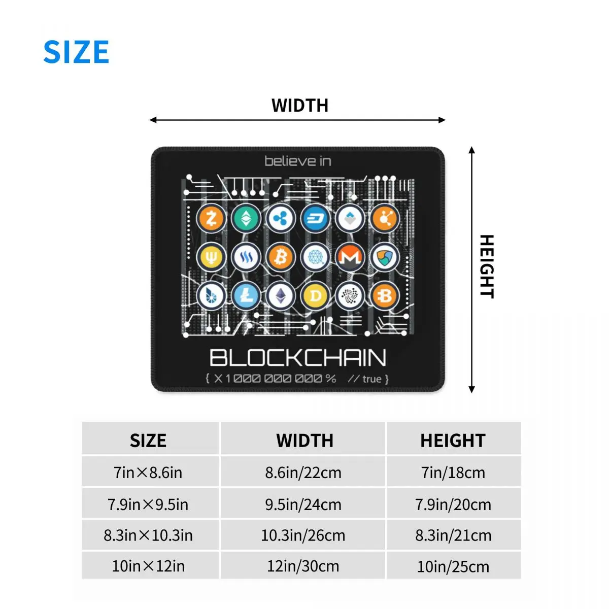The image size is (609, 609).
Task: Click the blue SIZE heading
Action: (x=76, y=52)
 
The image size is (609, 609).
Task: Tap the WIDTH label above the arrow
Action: (x=300, y=106)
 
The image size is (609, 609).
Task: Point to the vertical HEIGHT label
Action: (x=487, y=266)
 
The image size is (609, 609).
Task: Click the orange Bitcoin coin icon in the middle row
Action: (x=281, y=257)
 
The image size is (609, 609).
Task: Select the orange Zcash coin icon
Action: (x=212, y=219)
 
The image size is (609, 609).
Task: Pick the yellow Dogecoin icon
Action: (x=315, y=295)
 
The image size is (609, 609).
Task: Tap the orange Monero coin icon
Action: (x=350, y=257)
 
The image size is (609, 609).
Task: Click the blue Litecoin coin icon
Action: (x=246, y=295)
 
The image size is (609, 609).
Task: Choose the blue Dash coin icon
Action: (x=315, y=219)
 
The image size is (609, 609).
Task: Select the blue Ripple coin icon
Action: (x=281, y=219)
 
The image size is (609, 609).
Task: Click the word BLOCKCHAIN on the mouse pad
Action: (x=298, y=358)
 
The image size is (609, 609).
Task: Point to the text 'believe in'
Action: (x=298, y=161)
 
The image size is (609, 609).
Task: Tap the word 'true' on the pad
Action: (x=371, y=379)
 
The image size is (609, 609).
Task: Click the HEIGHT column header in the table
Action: (x=453, y=441)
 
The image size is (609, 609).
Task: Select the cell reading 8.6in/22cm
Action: (x=303, y=472)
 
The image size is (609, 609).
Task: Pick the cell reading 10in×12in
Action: (x=148, y=566)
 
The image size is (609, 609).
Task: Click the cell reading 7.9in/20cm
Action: (x=453, y=504)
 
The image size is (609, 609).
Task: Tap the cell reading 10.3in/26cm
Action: (x=303, y=535)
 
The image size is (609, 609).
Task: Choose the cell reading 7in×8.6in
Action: (x=148, y=472)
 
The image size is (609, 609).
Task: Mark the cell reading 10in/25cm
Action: (x=453, y=566)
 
